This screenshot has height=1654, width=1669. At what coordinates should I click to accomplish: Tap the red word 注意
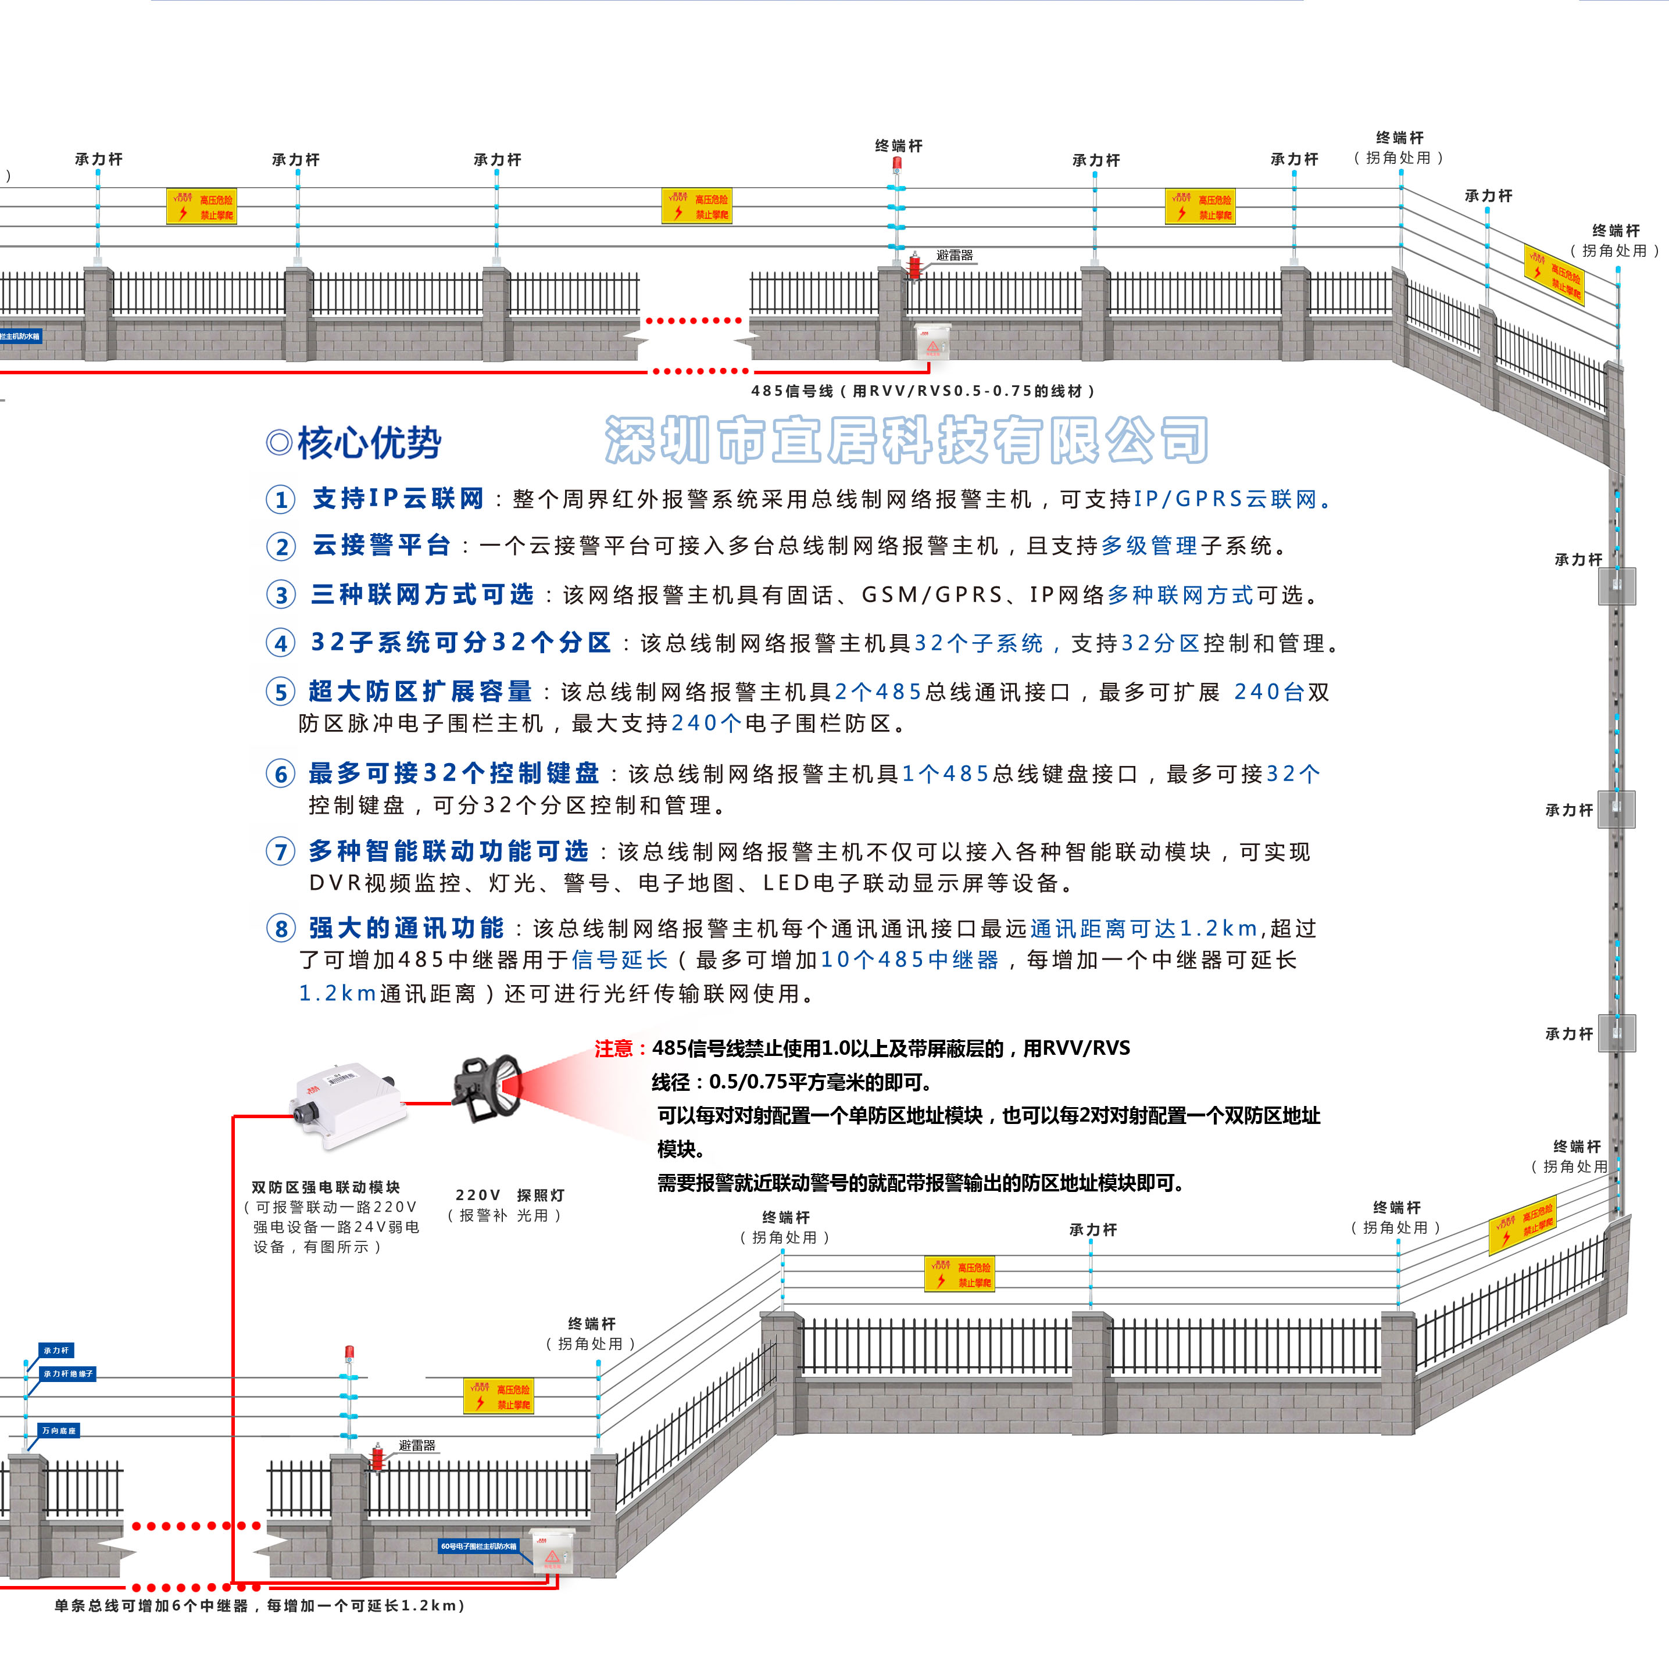[614, 1048]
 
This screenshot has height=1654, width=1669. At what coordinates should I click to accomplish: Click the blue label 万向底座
[59, 1431]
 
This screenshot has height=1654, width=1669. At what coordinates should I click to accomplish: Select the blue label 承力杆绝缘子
[68, 1373]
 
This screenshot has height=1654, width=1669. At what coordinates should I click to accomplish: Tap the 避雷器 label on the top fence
[955, 256]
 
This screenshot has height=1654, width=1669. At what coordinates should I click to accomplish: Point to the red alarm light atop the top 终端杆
[898, 163]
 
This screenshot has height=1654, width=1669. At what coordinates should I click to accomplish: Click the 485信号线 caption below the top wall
[923, 391]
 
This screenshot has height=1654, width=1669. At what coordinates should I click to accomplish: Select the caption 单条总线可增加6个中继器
[259, 1606]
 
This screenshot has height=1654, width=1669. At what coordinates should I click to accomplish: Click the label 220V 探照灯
[510, 1195]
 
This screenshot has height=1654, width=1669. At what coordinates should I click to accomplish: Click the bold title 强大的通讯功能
[406, 929]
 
